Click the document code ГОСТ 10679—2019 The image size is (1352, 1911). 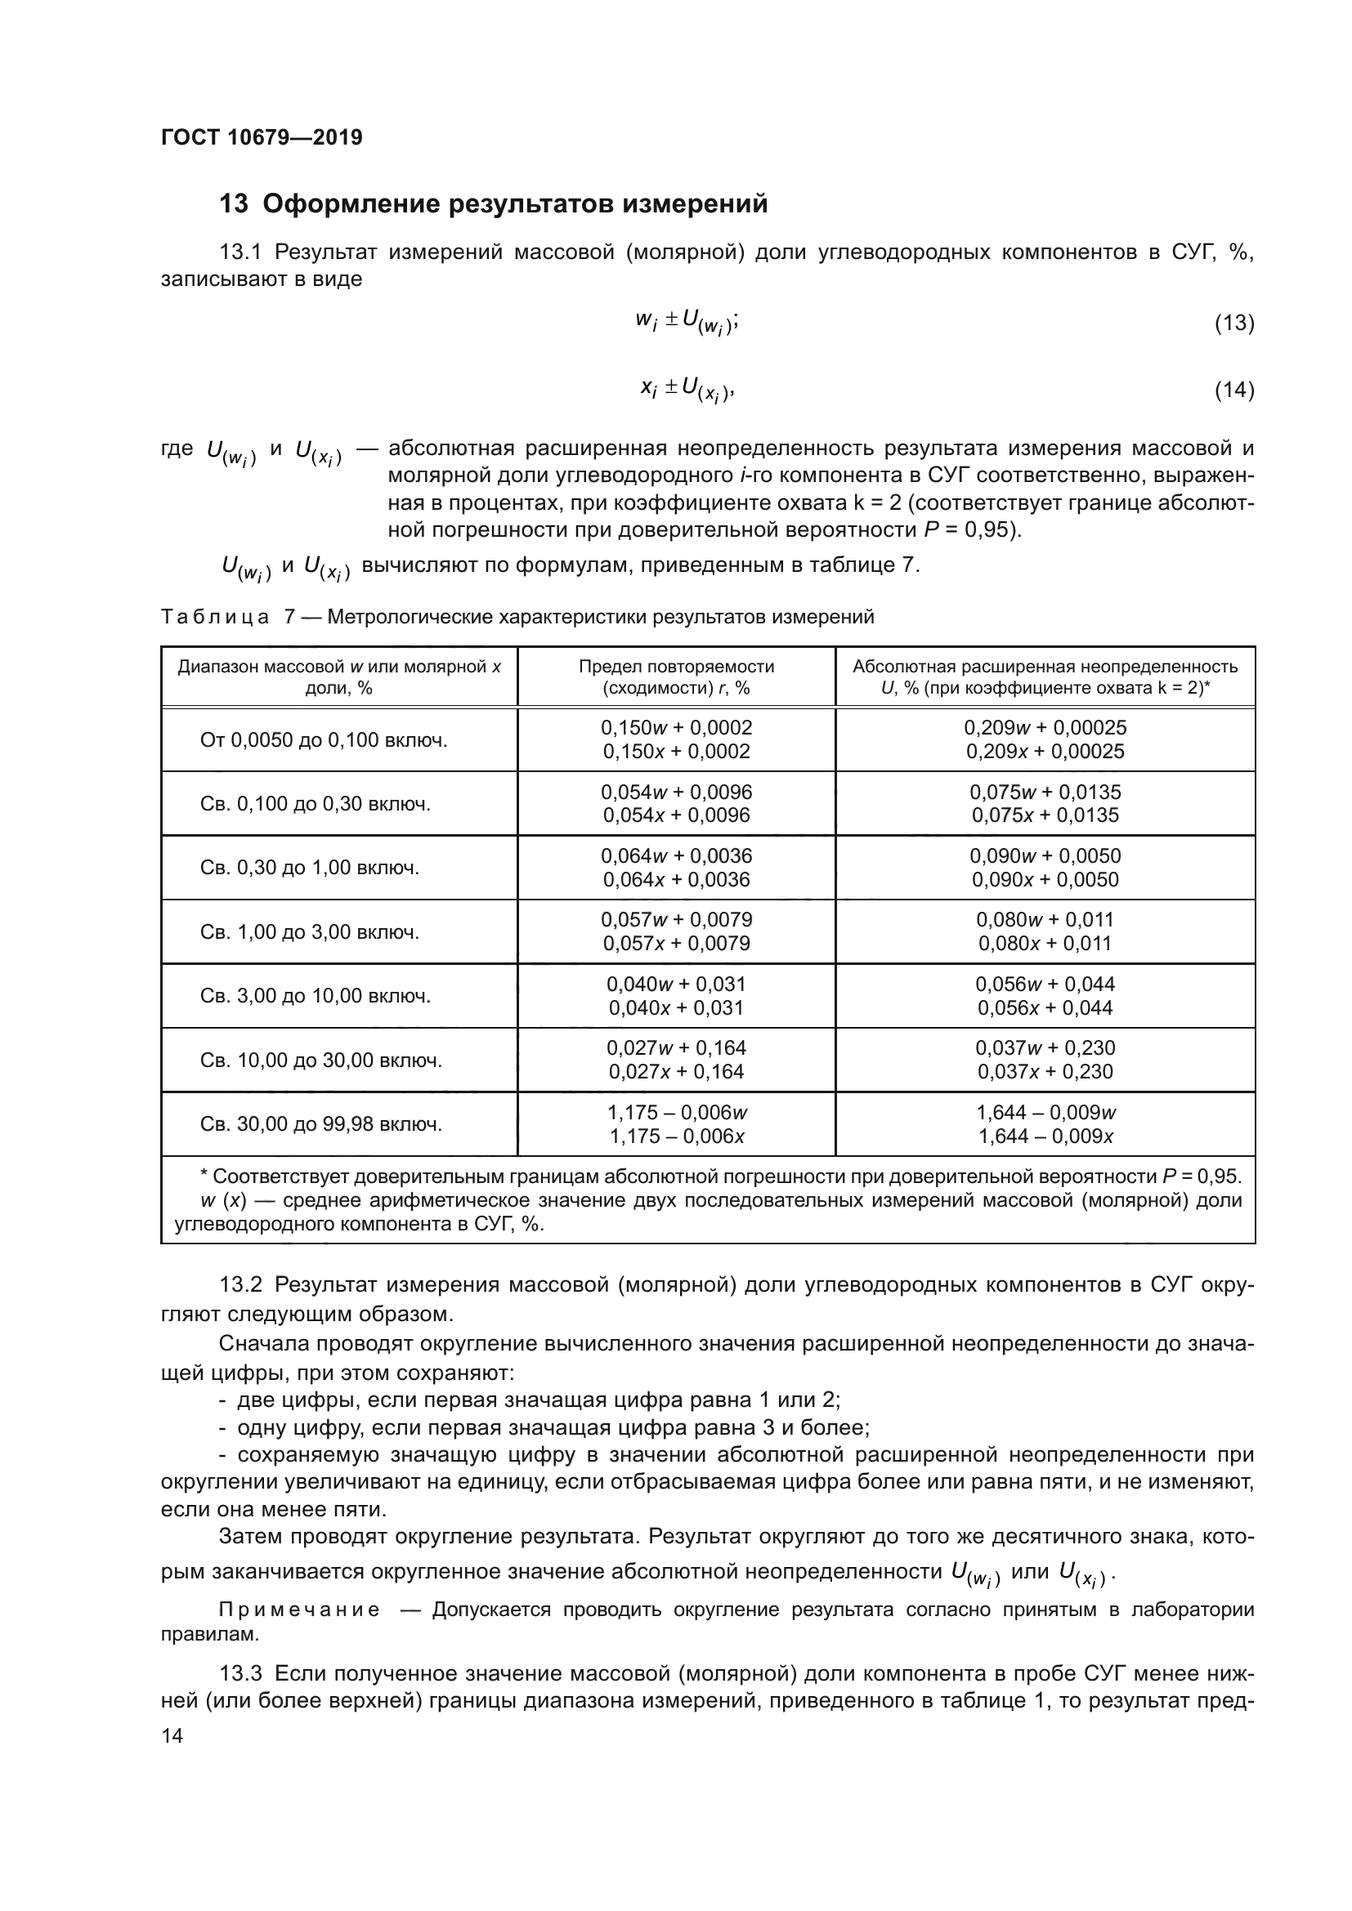coord(262,137)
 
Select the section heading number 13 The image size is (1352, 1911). coord(233,204)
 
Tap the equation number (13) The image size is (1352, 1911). coord(1233,323)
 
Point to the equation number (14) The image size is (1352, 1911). coord(1233,390)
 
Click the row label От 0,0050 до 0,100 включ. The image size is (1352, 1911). coord(324,740)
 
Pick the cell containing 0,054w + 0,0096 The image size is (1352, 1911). coord(676,793)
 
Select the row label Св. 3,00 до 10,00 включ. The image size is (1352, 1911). coord(316,995)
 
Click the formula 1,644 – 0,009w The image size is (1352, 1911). coord(1045,1113)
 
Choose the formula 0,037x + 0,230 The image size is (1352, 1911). coord(1045,1072)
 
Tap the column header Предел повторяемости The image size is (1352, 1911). coord(676,667)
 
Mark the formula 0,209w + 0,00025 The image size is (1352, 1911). coord(1045,728)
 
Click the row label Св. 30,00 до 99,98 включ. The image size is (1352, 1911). coord(321,1124)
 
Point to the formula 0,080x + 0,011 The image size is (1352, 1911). coord(1045,944)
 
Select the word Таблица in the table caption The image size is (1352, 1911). coord(215,617)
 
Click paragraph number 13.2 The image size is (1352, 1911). coord(240,1284)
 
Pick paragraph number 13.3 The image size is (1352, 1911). coord(240,1673)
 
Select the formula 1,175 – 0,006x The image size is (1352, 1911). coord(676,1137)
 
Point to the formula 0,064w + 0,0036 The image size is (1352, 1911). coord(676,856)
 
